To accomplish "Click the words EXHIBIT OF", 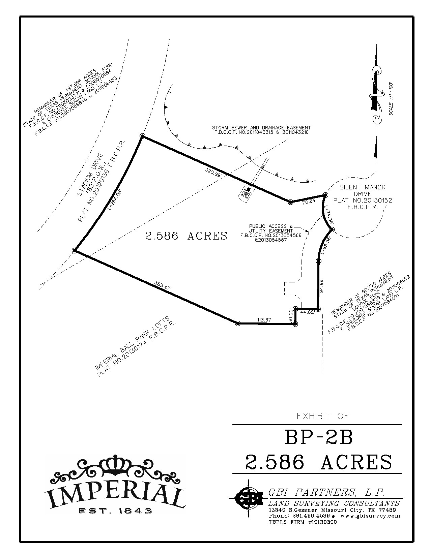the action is point(322,416).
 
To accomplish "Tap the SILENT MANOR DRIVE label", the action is point(363,191).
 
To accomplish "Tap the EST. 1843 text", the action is point(115,511).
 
